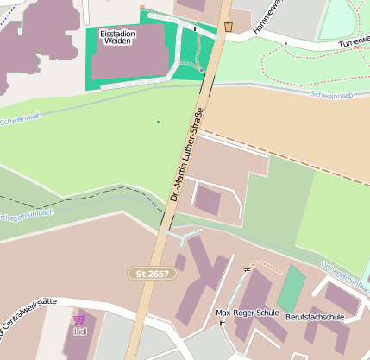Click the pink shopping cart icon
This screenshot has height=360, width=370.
coord(79,319)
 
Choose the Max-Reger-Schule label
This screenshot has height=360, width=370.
coord(245,313)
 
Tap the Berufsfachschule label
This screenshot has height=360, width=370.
coord(315,317)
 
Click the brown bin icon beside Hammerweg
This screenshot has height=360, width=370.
coord(229,26)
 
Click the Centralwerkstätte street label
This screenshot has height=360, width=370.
coord(26,307)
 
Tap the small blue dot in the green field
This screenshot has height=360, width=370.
coord(158,122)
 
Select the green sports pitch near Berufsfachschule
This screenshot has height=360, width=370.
coord(292,289)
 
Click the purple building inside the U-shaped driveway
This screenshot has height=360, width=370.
coord(207,199)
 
